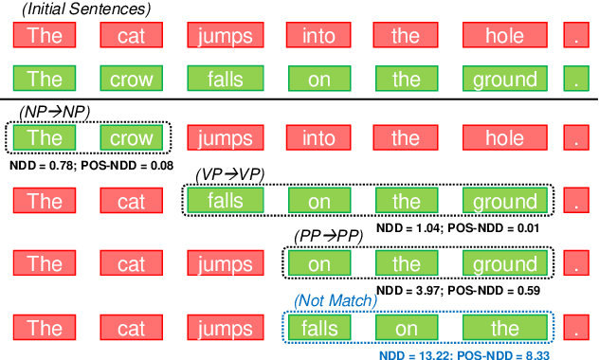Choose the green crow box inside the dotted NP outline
click(x=132, y=138)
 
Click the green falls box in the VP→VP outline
click(x=227, y=201)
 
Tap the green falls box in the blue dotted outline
click(x=319, y=329)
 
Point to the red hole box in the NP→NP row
click(x=503, y=138)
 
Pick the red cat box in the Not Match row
click(x=132, y=329)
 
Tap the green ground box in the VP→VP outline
click(x=503, y=201)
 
